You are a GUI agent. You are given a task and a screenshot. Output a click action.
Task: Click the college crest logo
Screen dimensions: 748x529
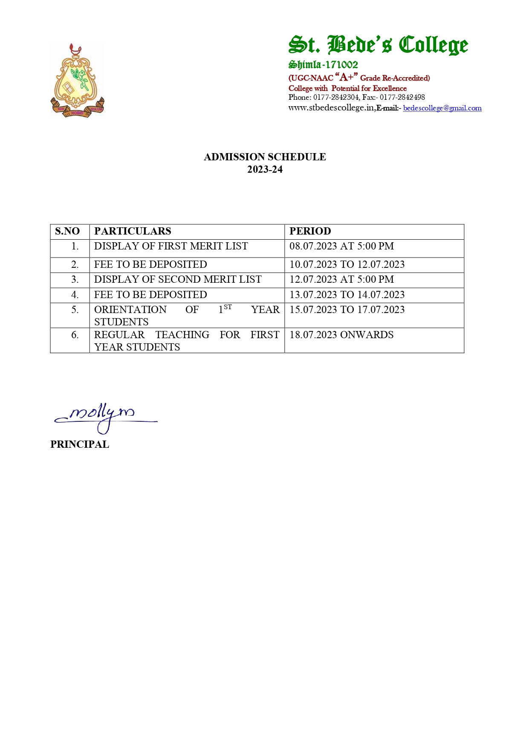pyautogui.click(x=77, y=81)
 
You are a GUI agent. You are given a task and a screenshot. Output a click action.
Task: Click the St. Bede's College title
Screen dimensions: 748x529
pyautogui.click(x=378, y=45)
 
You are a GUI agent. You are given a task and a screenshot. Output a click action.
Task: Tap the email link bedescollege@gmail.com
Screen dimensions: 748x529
pyautogui.click(x=442, y=108)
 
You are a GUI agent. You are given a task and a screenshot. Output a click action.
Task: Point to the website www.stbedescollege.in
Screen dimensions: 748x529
pyautogui.click(x=331, y=108)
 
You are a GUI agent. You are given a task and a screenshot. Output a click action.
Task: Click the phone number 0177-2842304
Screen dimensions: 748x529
pyautogui.click(x=336, y=97)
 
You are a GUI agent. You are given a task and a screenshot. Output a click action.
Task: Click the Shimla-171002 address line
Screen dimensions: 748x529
pyautogui.click(x=323, y=65)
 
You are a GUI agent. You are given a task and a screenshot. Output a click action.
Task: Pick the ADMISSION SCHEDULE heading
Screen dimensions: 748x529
pyautogui.click(x=265, y=157)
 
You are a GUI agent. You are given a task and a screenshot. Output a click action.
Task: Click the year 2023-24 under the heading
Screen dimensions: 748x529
pyautogui.click(x=265, y=170)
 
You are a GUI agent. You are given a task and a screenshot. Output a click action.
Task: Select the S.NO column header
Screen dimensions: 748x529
pyautogui.click(x=67, y=231)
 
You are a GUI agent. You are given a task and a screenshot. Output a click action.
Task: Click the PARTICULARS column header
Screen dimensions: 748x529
pyautogui.click(x=133, y=231)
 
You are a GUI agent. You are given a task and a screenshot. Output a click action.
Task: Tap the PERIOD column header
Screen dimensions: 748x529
pyautogui.click(x=310, y=231)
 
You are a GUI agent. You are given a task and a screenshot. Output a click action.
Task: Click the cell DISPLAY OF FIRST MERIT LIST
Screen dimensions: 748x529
pyautogui.click(x=171, y=246)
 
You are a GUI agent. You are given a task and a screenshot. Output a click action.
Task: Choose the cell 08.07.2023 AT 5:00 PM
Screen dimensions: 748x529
pyautogui.click(x=341, y=246)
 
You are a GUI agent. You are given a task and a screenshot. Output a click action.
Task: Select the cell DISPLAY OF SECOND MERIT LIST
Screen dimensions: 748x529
pyautogui.click(x=178, y=279)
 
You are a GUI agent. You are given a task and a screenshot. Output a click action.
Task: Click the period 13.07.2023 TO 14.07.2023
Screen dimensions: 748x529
pyautogui.click(x=347, y=295)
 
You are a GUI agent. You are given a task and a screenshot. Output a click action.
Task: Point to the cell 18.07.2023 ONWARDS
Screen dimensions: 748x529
pyautogui.click(x=341, y=335)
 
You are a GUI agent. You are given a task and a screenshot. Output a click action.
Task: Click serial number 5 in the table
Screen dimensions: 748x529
pyautogui.click(x=75, y=310)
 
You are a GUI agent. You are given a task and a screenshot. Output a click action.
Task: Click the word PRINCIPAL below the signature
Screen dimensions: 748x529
pyautogui.click(x=80, y=444)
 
